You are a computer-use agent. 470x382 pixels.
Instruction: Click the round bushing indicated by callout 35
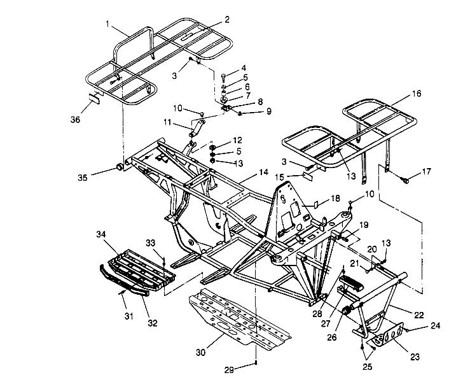point(118,167)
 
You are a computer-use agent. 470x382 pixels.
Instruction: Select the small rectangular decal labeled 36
point(93,99)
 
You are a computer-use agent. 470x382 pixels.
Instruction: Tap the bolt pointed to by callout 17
point(404,181)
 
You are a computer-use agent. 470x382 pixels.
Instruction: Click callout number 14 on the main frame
point(263,173)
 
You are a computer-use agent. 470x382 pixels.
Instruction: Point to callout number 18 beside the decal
point(335,200)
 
